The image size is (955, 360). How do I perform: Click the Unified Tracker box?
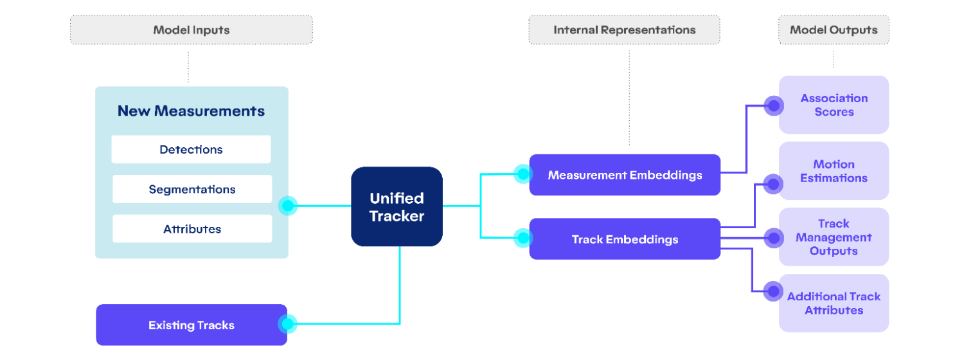tap(397, 206)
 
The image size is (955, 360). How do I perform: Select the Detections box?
tap(191, 149)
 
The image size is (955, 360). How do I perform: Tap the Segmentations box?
tap(192, 189)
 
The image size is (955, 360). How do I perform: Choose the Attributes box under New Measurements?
tap(192, 229)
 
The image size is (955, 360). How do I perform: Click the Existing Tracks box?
tap(191, 325)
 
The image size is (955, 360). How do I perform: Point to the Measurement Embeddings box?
tap(624, 175)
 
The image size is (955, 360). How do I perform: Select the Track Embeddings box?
tap(624, 239)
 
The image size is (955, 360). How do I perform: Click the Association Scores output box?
tap(834, 105)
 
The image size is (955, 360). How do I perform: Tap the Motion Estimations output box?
tap(834, 171)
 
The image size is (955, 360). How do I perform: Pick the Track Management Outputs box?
tap(834, 237)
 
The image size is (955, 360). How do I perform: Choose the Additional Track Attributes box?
tap(834, 303)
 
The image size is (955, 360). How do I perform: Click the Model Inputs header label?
tap(191, 30)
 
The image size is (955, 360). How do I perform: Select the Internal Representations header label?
tap(624, 30)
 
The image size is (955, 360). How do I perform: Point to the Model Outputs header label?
tap(834, 30)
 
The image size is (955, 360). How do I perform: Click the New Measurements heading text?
tap(191, 111)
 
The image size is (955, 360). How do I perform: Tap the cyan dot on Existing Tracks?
tap(287, 324)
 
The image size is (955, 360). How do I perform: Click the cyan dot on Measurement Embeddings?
tap(523, 174)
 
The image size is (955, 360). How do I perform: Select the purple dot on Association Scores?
tap(774, 105)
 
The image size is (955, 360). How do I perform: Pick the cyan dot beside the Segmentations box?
tap(287, 206)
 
